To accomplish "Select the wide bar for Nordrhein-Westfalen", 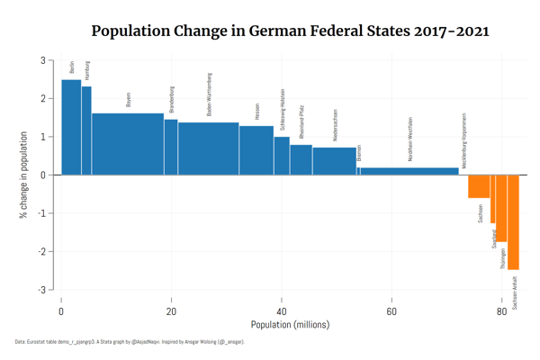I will [x=409, y=171].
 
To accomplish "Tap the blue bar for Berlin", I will [x=71, y=127].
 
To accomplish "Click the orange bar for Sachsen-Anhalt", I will [x=513, y=221].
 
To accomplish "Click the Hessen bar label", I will [x=257, y=111].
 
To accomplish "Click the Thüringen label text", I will [x=503, y=259].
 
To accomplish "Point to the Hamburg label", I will [x=87, y=71].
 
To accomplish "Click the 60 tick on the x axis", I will [x=391, y=311].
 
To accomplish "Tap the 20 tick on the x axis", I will [x=171, y=311].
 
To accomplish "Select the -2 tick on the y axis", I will [x=42, y=251].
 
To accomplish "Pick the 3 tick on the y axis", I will [x=43, y=60].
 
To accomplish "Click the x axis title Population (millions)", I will [x=282, y=325].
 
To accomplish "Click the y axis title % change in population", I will [x=23, y=175].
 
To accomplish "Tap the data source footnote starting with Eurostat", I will [x=129, y=343].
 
